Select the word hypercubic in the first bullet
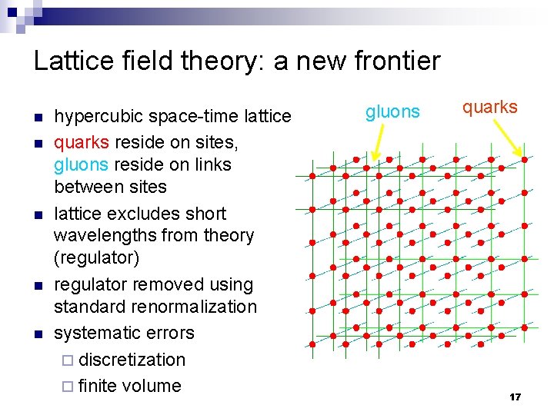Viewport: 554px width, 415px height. pos(98,117)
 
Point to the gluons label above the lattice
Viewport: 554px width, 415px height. pos(392,112)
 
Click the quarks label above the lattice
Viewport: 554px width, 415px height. pos(489,108)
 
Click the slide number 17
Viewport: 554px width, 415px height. pos(515,397)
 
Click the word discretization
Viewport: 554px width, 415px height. pos(132,360)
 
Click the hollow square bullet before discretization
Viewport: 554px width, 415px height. pos(68,360)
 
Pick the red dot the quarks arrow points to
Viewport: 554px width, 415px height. pos(525,160)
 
